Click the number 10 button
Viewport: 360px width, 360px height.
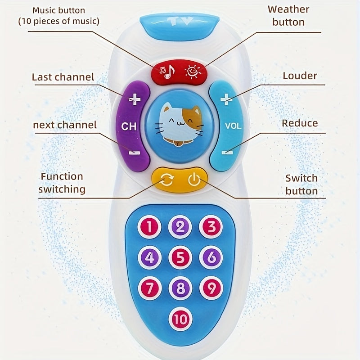(x=180, y=320)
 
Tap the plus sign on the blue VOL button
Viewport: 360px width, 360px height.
(x=227, y=99)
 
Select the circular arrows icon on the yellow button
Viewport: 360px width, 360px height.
(x=166, y=180)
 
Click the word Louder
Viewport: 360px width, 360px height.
(x=300, y=76)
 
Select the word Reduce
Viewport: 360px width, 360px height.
(x=300, y=123)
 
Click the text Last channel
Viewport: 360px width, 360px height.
(x=63, y=77)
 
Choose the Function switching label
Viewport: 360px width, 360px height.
(x=62, y=183)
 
